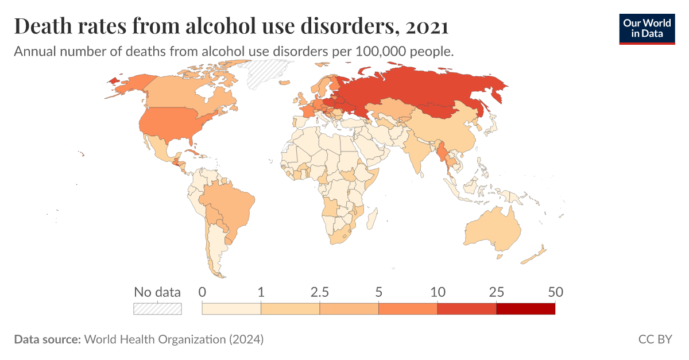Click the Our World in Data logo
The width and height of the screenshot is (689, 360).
tap(647, 28)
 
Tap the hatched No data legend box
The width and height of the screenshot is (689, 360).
tap(157, 309)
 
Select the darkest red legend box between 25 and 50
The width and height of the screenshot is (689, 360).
tap(525, 309)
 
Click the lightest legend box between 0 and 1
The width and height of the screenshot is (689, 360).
tap(231, 309)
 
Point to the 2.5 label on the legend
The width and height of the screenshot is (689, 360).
tap(319, 292)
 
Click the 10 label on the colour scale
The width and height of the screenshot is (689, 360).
tap(438, 292)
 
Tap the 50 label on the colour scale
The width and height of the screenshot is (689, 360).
tap(555, 292)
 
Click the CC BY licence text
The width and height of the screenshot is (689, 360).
tap(655, 339)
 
